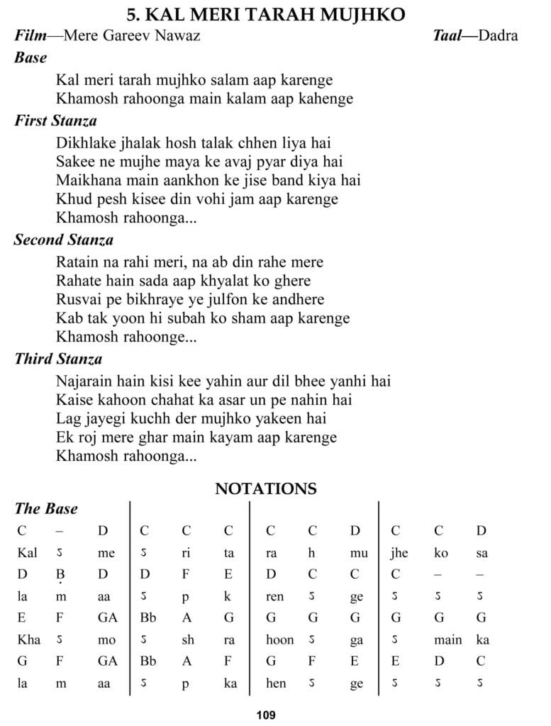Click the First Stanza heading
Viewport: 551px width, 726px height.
point(56,121)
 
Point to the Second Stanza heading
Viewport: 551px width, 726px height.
point(64,240)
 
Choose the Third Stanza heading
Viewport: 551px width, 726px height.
point(58,359)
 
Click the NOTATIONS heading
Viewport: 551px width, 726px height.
point(266,489)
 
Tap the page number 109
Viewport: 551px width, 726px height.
point(267,715)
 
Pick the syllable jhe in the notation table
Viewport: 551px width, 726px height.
point(399,553)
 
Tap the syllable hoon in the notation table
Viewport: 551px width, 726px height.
point(279,640)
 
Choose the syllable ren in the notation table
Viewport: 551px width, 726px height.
point(275,597)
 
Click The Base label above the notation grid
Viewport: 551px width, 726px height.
point(46,509)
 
